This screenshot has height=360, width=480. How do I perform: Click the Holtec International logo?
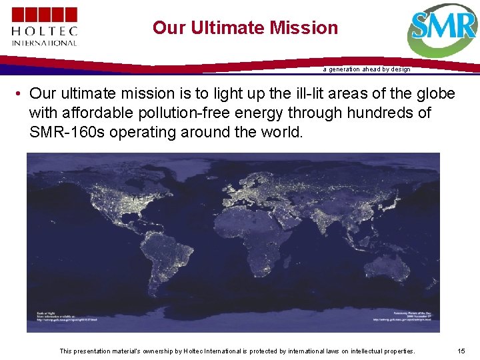coord(44,27)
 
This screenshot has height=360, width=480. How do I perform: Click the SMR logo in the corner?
coord(443,30)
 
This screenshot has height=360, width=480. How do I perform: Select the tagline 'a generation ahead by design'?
coord(367,69)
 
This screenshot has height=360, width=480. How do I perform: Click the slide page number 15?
coord(462,351)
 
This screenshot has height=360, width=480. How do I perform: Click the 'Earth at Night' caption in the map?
coord(47,313)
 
